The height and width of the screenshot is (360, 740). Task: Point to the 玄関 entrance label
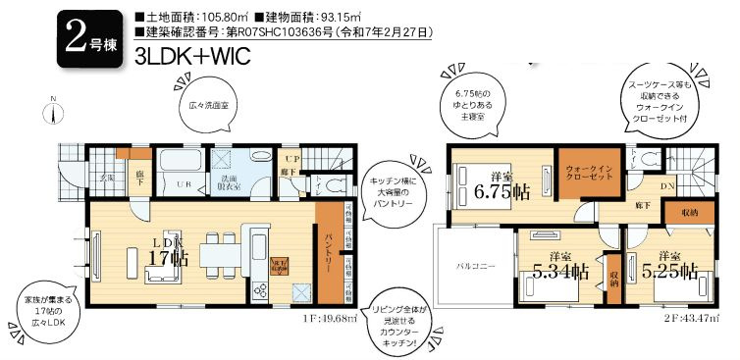click(x=106, y=178)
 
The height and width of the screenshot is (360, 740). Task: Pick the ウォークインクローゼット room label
click(x=587, y=175)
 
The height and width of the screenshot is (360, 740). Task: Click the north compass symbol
click(x=55, y=115)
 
